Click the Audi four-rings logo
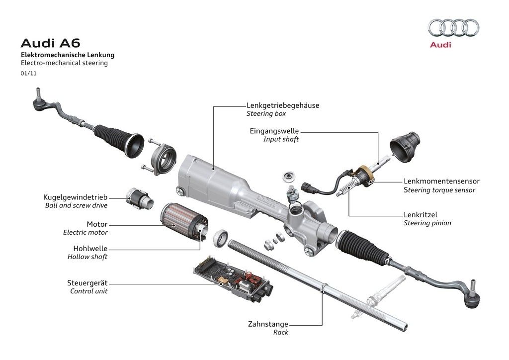[453, 27]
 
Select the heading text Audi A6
[50, 43]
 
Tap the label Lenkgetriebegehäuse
[283, 105]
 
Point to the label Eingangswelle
[274, 131]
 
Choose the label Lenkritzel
[421, 215]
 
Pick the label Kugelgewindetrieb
[76, 197]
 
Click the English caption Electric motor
[85, 232]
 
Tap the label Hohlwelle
[90, 249]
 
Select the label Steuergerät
[87, 283]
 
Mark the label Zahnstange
[268, 324]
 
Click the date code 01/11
[28, 74]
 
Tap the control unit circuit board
[233, 278]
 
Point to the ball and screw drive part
[139, 198]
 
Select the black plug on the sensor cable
[307, 187]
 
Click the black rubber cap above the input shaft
[405, 147]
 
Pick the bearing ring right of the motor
[221, 239]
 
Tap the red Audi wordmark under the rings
[440, 44]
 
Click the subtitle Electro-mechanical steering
[64, 63]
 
